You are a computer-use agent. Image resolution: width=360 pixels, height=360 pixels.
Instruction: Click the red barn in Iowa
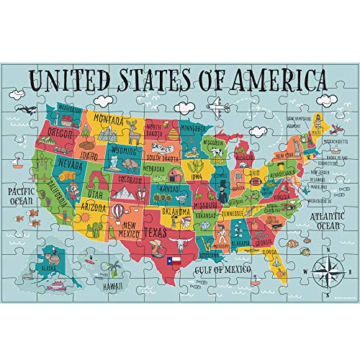pos(176,173)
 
